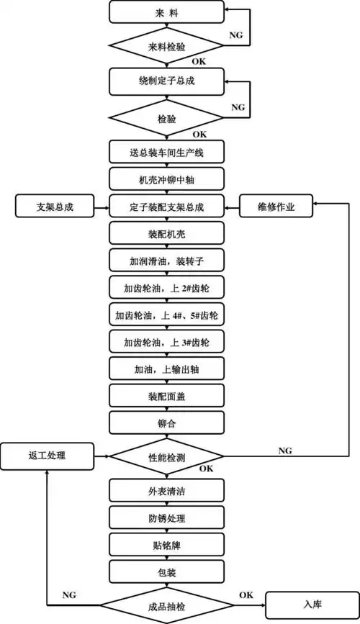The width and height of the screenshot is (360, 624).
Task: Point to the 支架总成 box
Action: click(x=55, y=207)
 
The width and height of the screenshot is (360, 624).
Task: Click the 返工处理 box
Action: click(x=48, y=456)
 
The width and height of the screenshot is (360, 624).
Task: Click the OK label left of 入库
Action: click(x=246, y=595)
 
